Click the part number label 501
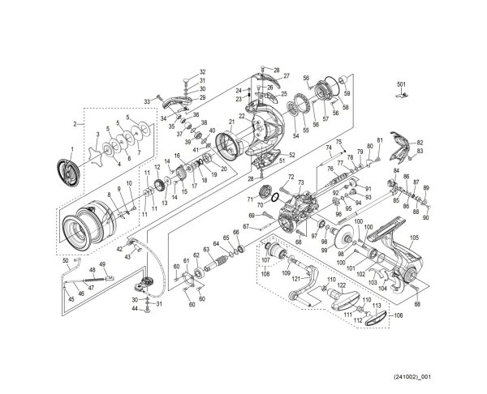tap(400, 84)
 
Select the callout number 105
tap(414, 238)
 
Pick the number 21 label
tap(231, 122)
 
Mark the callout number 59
tap(347, 80)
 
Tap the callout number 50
tap(65, 260)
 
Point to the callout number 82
tap(420, 142)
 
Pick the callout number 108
tap(265, 274)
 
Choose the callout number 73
tap(300, 184)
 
